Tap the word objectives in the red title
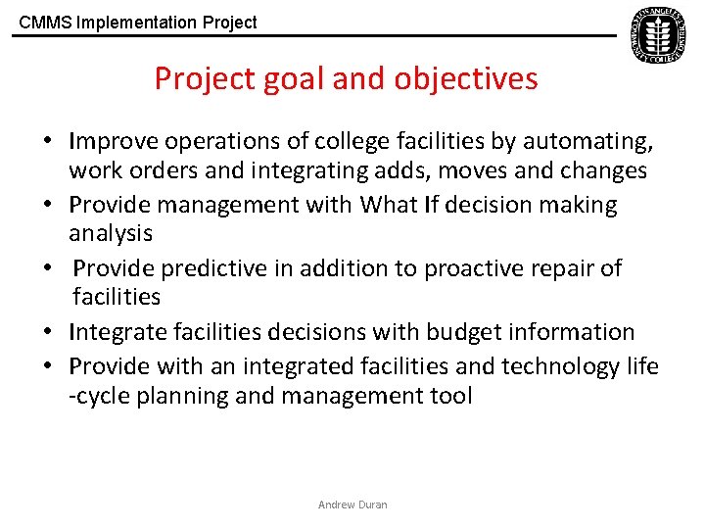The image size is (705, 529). pyautogui.click(x=466, y=78)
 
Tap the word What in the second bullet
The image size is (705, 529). pyautogui.click(x=390, y=205)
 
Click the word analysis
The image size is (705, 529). pyautogui.click(x=111, y=233)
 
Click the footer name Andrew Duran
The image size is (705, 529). pyautogui.click(x=352, y=505)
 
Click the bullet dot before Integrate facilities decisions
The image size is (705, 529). pyautogui.click(x=46, y=333)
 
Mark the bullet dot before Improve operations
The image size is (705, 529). pyautogui.click(x=46, y=143)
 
